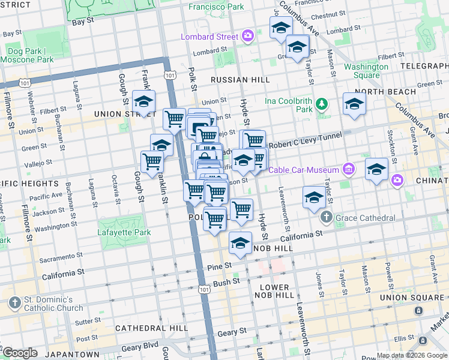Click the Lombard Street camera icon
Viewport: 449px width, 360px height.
coord(247,37)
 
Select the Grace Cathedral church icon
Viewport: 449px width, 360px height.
coord(326,217)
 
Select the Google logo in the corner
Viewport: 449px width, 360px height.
coord(20,353)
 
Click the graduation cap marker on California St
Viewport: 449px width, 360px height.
coord(240,244)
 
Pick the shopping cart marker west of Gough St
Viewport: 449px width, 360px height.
coord(152,161)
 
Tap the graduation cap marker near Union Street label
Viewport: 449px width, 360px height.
coord(144,101)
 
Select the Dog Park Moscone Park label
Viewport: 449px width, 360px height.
coord(28,56)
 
